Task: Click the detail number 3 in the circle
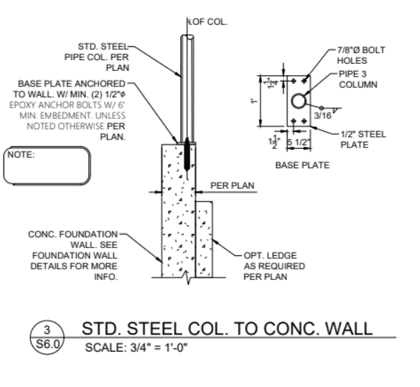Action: click(x=47, y=330)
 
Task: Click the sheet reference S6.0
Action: click(x=47, y=344)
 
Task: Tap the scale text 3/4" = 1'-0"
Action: click(x=159, y=348)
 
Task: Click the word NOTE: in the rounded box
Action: click(x=21, y=155)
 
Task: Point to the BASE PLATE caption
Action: click(x=302, y=165)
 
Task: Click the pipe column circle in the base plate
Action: click(x=298, y=101)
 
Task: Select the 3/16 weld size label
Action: click(x=322, y=116)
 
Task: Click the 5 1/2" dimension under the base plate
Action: click(x=298, y=142)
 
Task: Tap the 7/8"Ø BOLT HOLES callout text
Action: click(x=361, y=55)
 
